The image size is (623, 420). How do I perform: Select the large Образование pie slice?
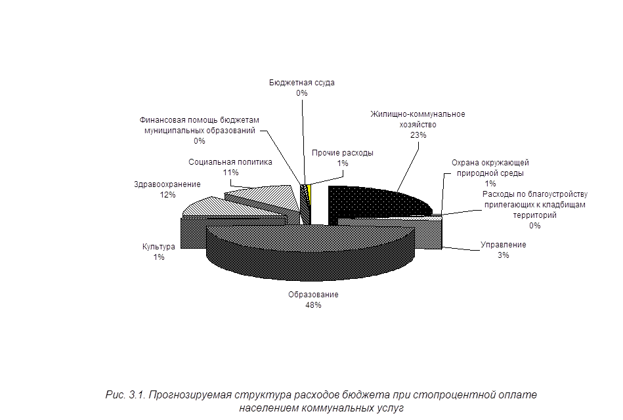pyautogui.click(x=310, y=250)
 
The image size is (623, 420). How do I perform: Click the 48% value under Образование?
pyautogui.click(x=313, y=305)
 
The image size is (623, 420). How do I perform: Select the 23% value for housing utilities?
pyautogui.click(x=418, y=135)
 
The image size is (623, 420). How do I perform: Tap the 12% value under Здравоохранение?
pyautogui.click(x=167, y=195)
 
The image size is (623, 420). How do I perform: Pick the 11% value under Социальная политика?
pyautogui.click(x=230, y=173)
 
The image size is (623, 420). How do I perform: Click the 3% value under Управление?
pyautogui.click(x=503, y=255)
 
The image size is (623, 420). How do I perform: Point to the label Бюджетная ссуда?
pyautogui.click(x=301, y=83)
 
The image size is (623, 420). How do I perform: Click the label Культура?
pyautogui.click(x=158, y=247)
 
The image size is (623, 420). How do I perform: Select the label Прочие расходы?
pyautogui.click(x=343, y=153)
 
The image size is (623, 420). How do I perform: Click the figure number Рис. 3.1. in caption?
pyautogui.click(x=126, y=395)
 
